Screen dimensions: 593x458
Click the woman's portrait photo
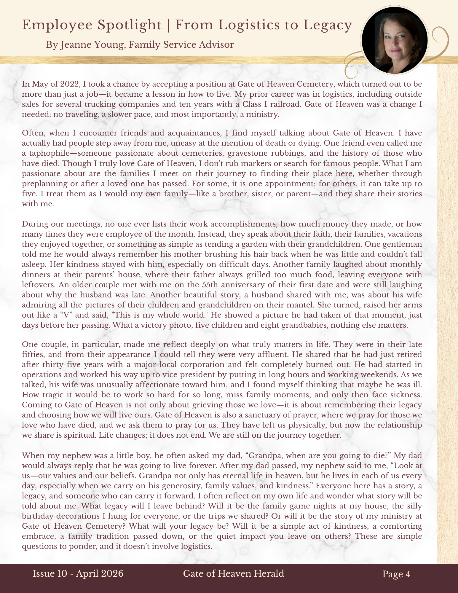(x=395, y=40)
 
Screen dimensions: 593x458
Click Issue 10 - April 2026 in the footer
(x=78, y=574)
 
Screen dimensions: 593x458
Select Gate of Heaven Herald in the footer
(x=234, y=574)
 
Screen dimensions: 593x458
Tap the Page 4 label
(x=396, y=574)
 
